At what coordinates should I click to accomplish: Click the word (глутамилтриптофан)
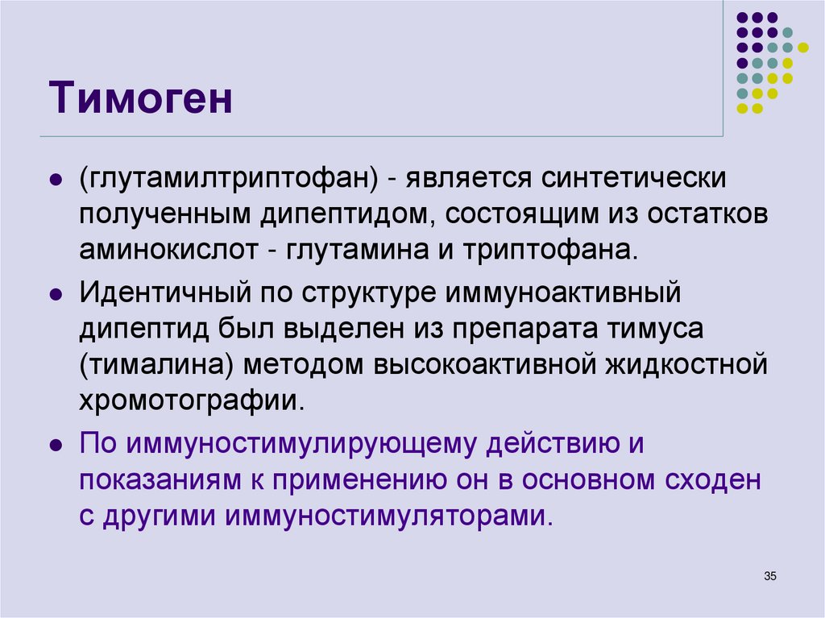point(230,179)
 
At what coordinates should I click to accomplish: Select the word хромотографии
point(192,400)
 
